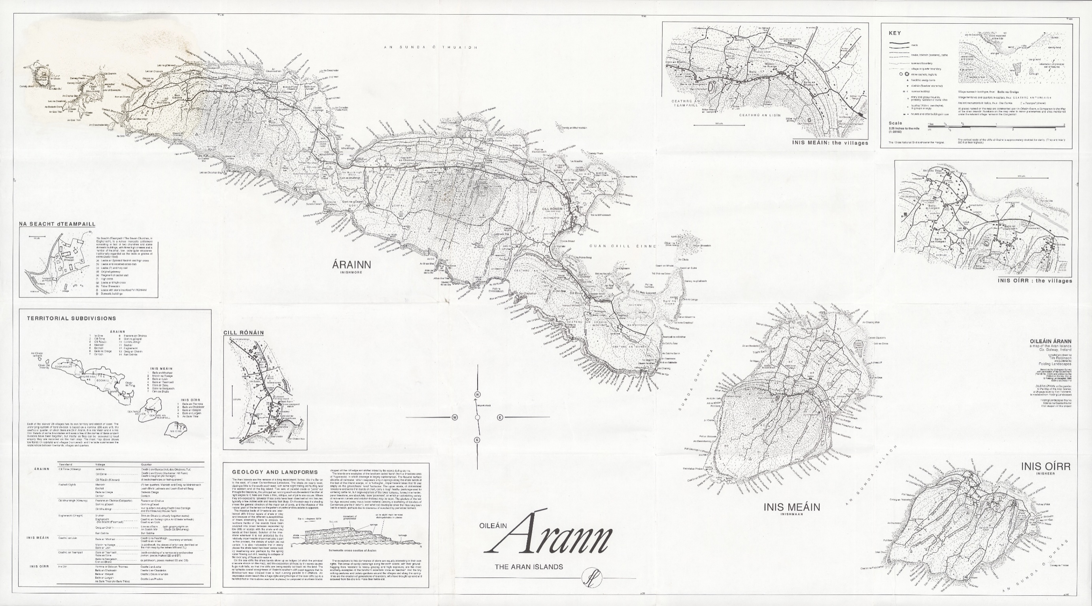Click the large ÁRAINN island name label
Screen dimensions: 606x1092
point(351,265)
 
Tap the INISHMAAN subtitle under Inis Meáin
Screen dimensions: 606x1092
point(792,514)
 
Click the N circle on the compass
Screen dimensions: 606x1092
point(477,394)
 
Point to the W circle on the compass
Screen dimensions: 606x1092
point(454,417)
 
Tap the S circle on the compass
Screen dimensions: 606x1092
point(477,440)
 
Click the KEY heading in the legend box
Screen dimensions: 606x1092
point(895,33)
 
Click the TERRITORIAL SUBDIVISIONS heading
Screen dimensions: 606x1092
point(71,318)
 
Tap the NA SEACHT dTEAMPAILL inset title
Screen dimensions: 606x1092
point(57,224)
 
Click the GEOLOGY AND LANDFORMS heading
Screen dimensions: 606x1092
point(275,472)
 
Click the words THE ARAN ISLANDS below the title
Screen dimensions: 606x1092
point(529,566)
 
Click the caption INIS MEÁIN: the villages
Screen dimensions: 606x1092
point(829,143)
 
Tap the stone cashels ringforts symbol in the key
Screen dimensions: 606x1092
point(904,74)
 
